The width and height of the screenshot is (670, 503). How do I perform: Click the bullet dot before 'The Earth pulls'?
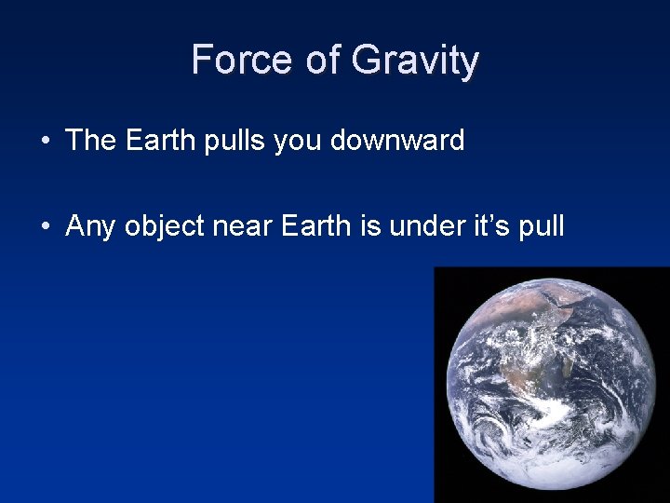(x=46, y=143)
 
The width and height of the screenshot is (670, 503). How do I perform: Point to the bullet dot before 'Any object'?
(x=46, y=226)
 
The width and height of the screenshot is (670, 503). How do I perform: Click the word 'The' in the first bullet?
(x=91, y=141)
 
